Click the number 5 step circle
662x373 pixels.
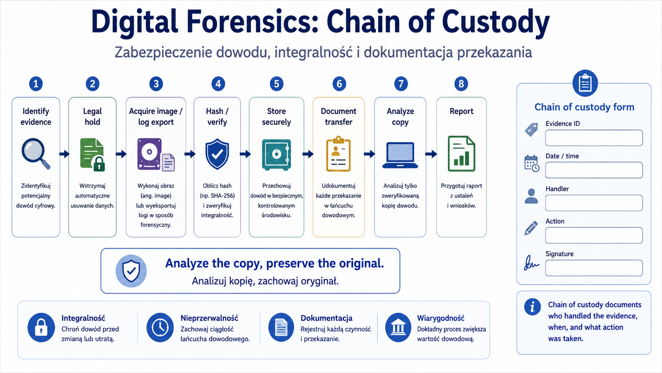(276, 84)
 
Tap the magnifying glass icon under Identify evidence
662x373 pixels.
(36, 153)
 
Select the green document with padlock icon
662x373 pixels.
(92, 155)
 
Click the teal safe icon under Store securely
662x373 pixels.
(276, 155)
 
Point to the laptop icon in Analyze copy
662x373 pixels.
(400, 155)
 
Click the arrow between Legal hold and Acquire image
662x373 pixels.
(121, 154)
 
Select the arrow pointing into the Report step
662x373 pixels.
(431, 154)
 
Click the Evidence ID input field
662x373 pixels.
(594, 138)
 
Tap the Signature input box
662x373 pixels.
(594, 268)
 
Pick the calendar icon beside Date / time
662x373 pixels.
(532, 163)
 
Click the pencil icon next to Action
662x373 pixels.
(531, 228)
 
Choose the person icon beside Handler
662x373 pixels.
(531, 196)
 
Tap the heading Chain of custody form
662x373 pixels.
(584, 107)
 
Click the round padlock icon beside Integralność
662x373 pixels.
(41, 327)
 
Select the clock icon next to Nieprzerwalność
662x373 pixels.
(160, 327)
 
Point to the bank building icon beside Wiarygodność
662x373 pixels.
(398, 327)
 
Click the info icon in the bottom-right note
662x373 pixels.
(532, 307)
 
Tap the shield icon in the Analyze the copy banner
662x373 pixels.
(131, 271)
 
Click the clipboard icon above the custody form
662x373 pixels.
(585, 83)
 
